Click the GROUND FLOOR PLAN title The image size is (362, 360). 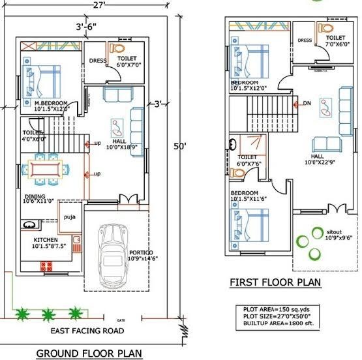tap(89, 353)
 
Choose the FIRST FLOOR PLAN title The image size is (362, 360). tap(275, 282)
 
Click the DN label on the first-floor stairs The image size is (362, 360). tap(306, 103)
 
